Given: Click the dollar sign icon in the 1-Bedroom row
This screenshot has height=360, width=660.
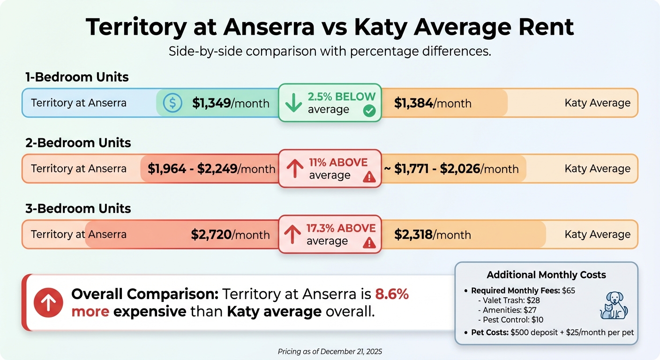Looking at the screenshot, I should (x=172, y=103).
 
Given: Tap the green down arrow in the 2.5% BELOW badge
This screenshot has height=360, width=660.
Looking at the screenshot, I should (x=293, y=103).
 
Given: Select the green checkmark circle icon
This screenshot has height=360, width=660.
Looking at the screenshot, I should (x=369, y=112).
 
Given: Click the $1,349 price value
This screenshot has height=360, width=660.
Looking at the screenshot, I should (x=211, y=103).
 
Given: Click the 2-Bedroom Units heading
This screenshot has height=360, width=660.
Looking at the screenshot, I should (x=78, y=143).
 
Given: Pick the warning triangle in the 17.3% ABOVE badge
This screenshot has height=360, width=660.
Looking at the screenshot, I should (x=369, y=242).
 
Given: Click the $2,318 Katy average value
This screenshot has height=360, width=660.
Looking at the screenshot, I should (x=413, y=234).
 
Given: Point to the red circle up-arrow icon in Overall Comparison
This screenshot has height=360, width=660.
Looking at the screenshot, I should (x=48, y=303).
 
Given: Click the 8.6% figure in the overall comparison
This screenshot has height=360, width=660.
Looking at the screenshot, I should (x=392, y=294).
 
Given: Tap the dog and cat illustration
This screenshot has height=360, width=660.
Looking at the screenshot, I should (x=614, y=306).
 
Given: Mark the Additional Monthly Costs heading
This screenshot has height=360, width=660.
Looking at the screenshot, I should (x=546, y=275).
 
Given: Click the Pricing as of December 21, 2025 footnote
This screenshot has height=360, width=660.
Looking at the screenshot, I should (x=330, y=351).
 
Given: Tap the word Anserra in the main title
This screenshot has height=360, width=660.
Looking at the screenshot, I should (x=269, y=27).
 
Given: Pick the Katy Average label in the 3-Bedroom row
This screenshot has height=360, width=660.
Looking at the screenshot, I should (x=597, y=234).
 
